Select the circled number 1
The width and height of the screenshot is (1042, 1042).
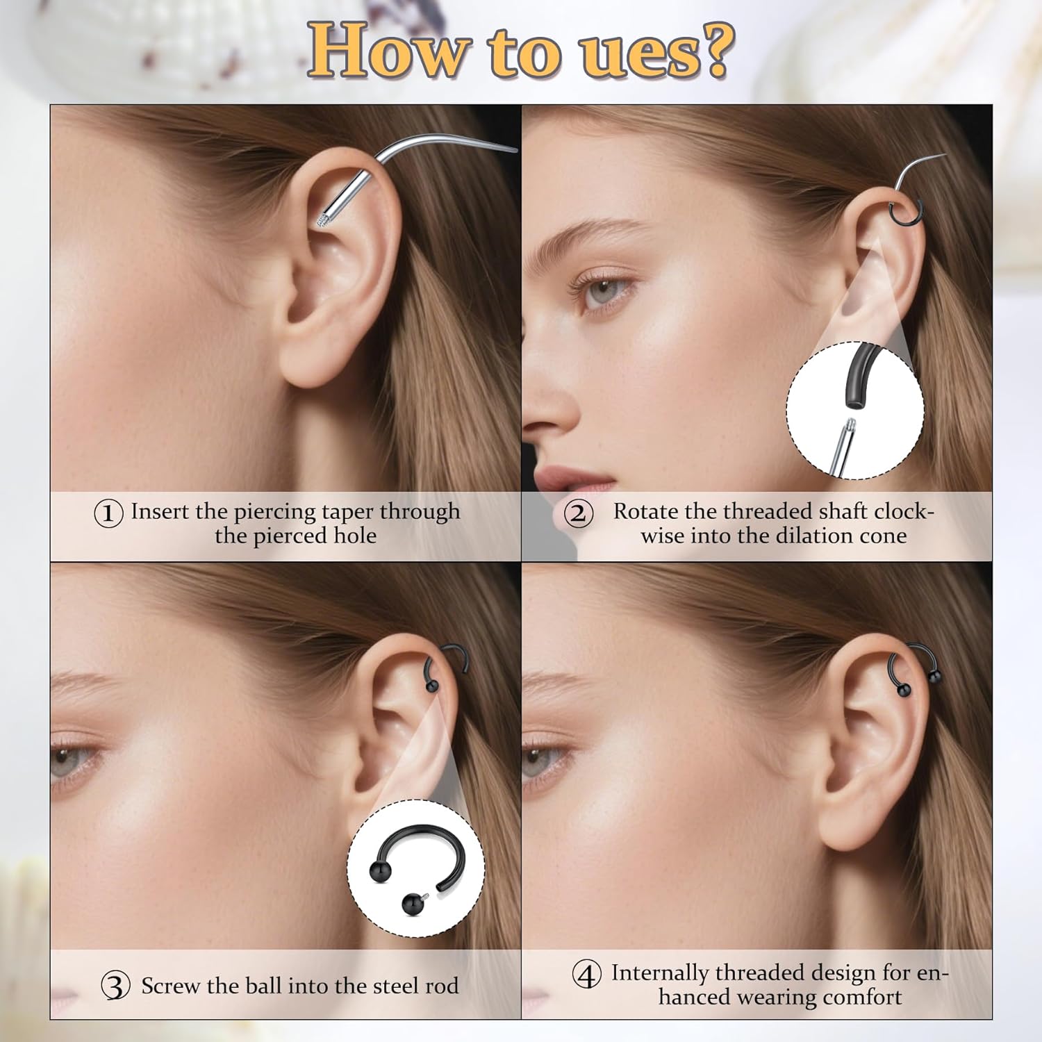[108, 513]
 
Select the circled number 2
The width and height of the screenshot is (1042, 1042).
[578, 514]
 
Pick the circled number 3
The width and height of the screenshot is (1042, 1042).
[115, 986]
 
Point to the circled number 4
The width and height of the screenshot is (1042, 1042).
[586, 975]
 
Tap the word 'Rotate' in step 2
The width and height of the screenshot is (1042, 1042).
[645, 511]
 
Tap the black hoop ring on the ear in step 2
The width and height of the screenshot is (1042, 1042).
[907, 211]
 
